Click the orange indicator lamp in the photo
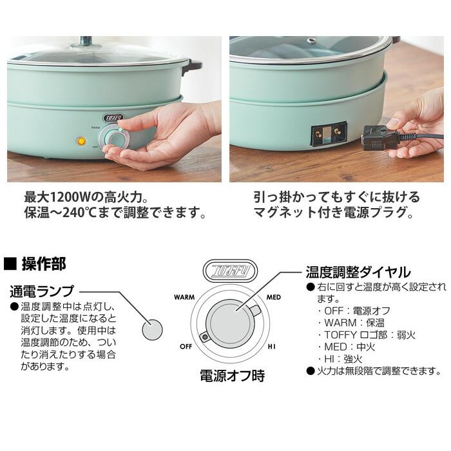81,141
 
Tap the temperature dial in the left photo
117,137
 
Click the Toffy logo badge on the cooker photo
113,117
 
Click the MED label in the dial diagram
273,298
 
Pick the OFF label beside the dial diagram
186,347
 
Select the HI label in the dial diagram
272,347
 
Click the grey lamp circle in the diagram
152,329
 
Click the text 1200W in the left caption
70,196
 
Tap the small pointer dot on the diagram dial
205,337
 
